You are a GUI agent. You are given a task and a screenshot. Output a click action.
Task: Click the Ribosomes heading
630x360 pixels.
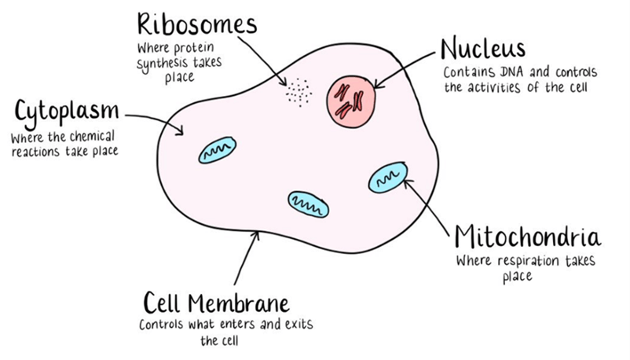196,24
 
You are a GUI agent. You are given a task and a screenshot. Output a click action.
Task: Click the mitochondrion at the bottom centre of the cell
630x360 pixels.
308,204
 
